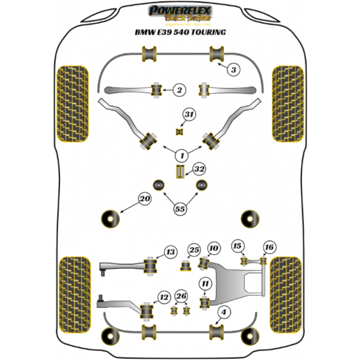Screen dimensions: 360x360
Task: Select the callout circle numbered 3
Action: pyautogui.click(x=234, y=70)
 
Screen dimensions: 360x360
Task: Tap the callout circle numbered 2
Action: pyautogui.click(x=179, y=91)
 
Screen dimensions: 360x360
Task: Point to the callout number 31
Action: pyautogui.click(x=190, y=114)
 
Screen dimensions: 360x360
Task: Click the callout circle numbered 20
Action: pyautogui.click(x=144, y=199)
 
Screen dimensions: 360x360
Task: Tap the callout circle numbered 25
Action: pyautogui.click(x=193, y=250)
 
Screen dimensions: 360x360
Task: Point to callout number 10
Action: pyautogui.click(x=214, y=248)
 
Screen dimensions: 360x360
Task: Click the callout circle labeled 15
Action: pyautogui.click(x=238, y=246)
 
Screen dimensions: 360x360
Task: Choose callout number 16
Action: pyautogui.click(x=269, y=247)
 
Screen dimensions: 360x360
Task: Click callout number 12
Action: pyautogui.click(x=163, y=295)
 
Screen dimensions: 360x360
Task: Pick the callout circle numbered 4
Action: pyautogui.click(x=224, y=312)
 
